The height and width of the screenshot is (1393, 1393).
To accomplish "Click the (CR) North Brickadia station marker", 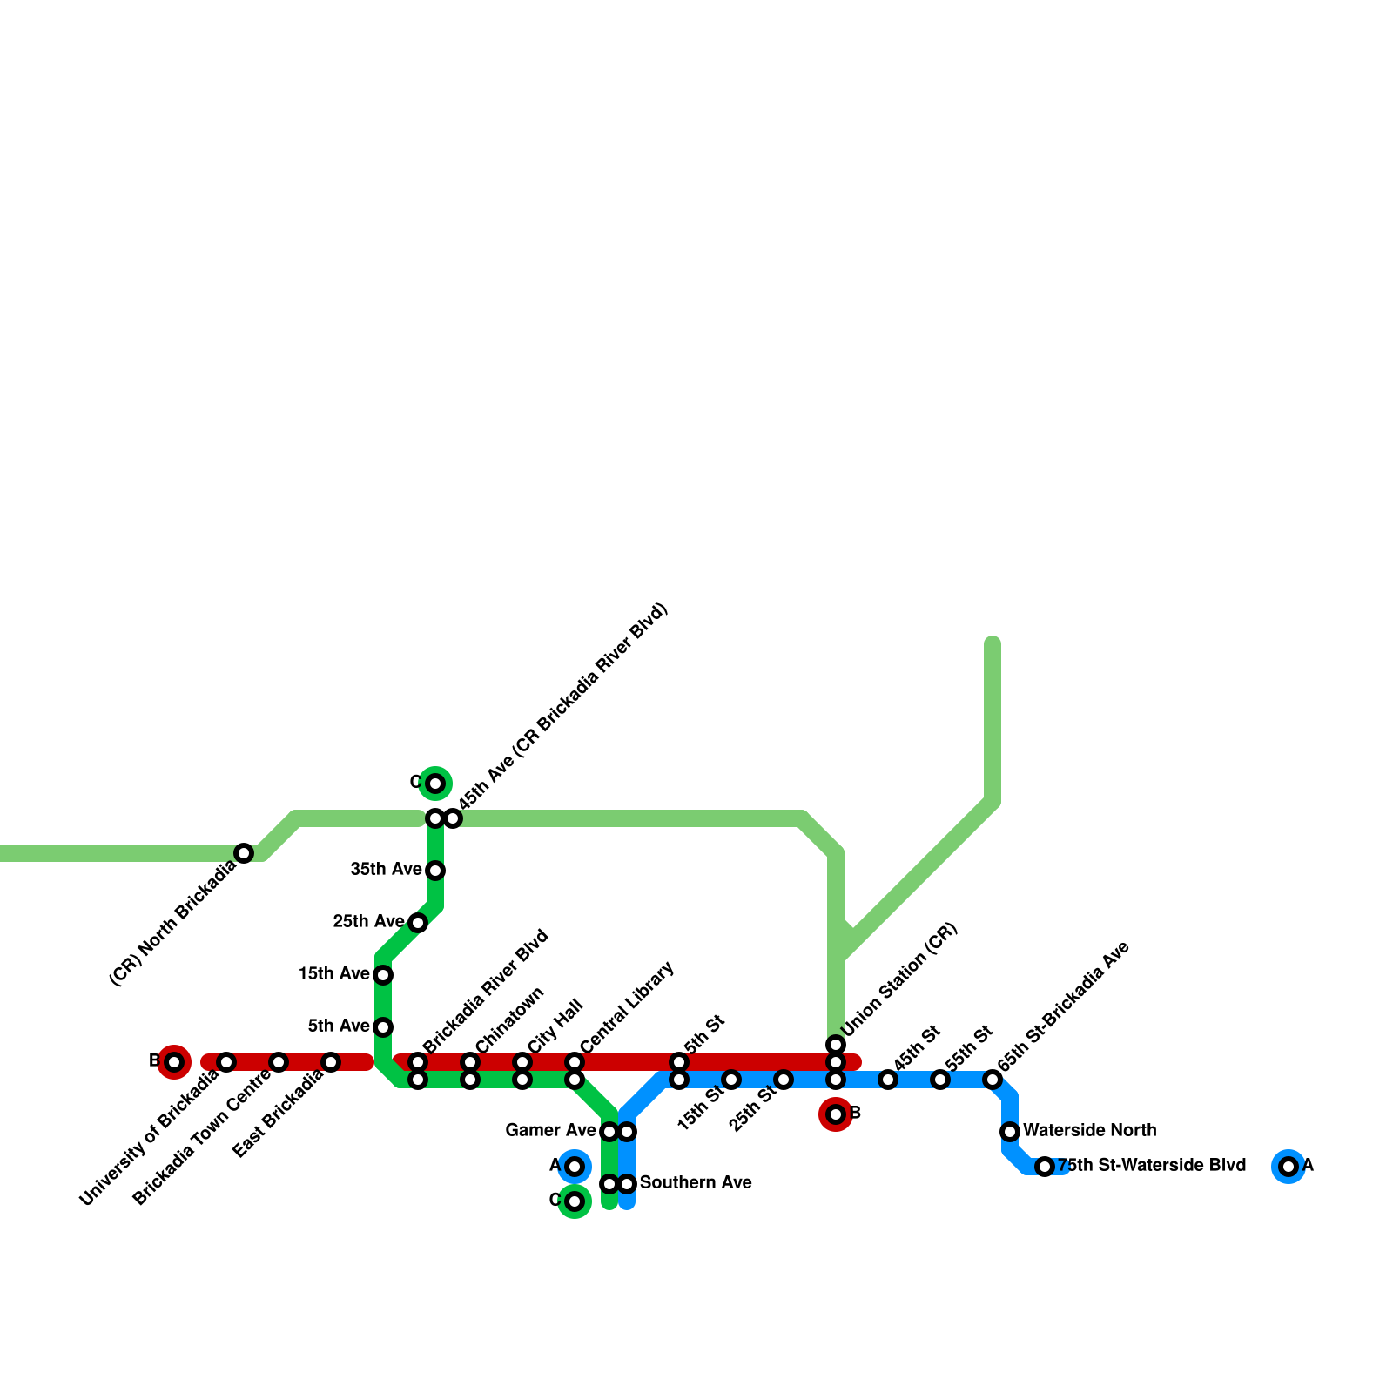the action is click(244, 853).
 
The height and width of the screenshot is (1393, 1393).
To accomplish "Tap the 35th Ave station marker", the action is click(435, 871).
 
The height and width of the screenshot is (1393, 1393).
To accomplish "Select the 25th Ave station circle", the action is click(418, 923).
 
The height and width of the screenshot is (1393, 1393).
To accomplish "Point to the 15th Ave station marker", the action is click(383, 975).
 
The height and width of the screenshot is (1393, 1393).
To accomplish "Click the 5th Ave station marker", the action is click(383, 1027).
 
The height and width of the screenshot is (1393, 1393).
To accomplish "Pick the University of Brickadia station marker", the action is click(226, 1062).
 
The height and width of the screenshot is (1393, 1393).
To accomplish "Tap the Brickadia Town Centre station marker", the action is click(279, 1062).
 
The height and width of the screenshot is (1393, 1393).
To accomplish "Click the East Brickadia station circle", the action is click(331, 1062).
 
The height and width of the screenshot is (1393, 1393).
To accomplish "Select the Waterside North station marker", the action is click(1010, 1132).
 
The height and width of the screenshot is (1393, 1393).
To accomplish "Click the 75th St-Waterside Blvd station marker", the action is click(1045, 1167).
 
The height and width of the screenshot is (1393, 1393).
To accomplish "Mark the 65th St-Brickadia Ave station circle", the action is click(993, 1080).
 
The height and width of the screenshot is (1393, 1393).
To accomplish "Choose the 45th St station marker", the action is click(888, 1080).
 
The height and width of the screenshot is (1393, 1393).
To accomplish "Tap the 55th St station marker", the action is click(940, 1080).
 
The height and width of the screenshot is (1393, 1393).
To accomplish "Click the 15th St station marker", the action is click(731, 1080).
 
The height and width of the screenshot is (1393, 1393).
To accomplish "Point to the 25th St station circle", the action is click(784, 1080).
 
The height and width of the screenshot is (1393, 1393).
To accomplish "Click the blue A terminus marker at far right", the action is click(1289, 1167).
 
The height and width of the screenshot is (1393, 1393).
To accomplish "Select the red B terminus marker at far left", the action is click(174, 1062).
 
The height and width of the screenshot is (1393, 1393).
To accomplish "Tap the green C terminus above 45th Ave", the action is click(435, 784).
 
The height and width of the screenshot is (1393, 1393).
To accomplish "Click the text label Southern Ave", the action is click(696, 1183).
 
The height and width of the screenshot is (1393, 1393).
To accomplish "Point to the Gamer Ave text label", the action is click(550, 1131).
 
